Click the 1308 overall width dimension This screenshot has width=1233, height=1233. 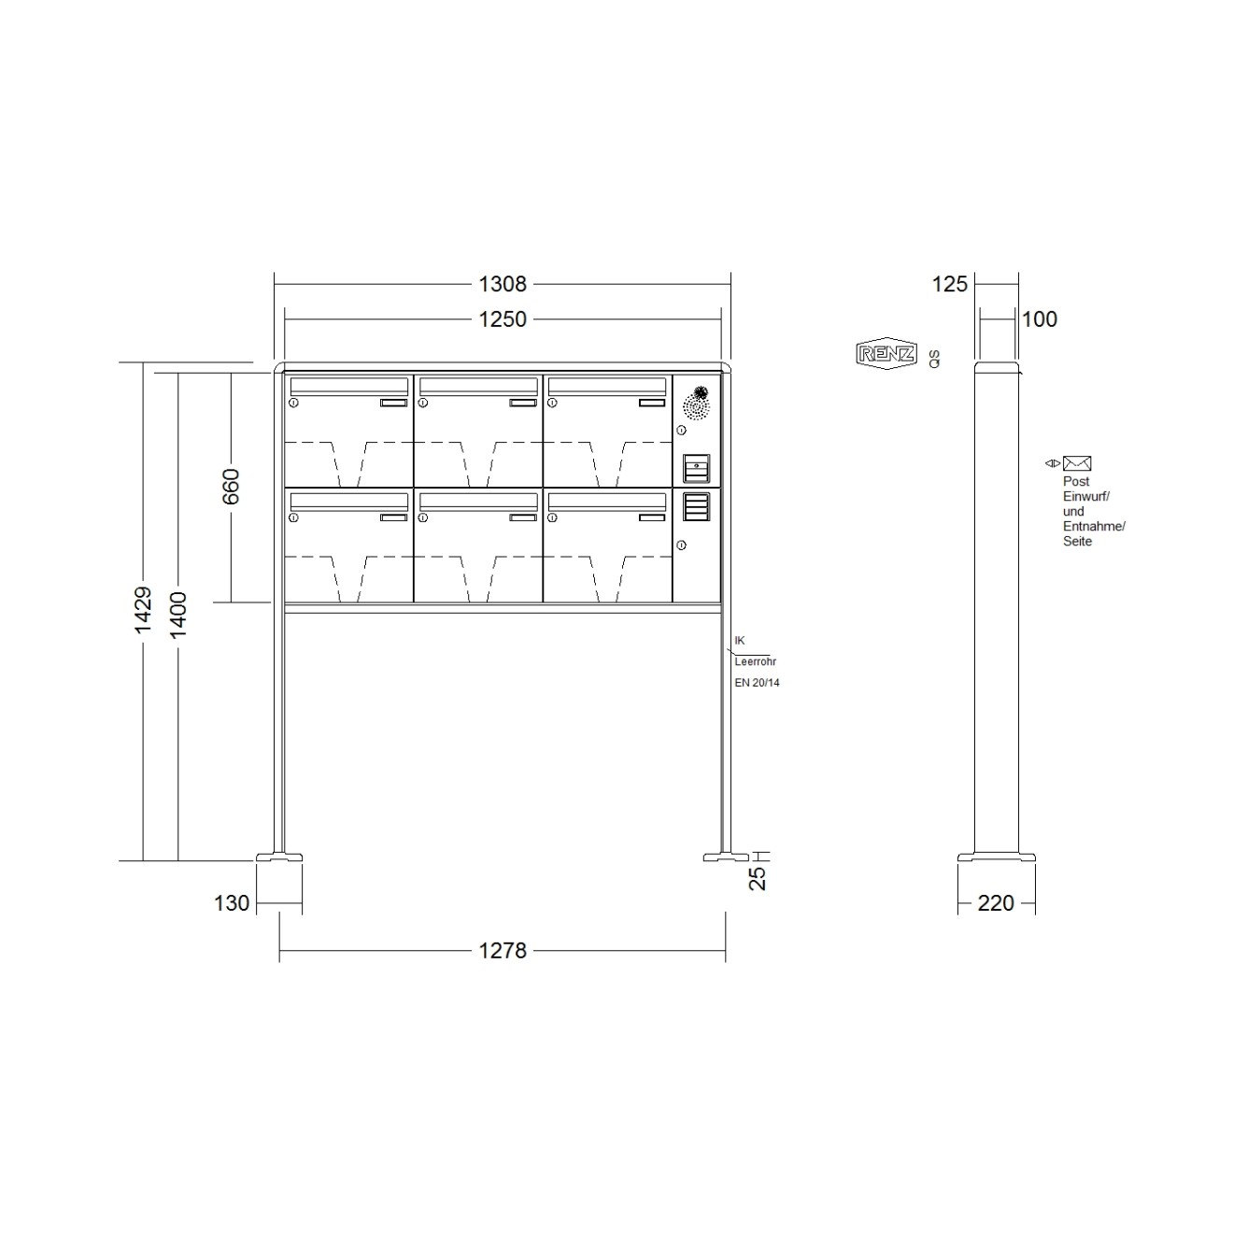503,283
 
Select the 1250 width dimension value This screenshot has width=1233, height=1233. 503,319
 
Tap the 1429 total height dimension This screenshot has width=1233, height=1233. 143,611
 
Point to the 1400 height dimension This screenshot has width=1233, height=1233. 178,615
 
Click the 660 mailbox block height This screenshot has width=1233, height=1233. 231,487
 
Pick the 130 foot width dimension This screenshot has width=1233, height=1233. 232,903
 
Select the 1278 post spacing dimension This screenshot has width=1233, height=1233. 503,951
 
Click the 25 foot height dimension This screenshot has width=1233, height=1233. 758,877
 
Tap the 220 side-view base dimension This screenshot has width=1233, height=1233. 996,903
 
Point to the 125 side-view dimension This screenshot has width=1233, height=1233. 950,284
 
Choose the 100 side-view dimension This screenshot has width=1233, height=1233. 1039,319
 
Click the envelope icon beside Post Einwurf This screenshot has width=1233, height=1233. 1077,463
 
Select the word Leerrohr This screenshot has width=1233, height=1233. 755,661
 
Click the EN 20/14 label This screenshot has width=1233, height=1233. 757,683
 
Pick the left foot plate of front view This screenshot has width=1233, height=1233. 279,857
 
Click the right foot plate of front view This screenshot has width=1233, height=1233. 726,857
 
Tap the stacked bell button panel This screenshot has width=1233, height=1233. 696,506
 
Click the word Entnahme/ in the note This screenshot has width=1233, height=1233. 1094,527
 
